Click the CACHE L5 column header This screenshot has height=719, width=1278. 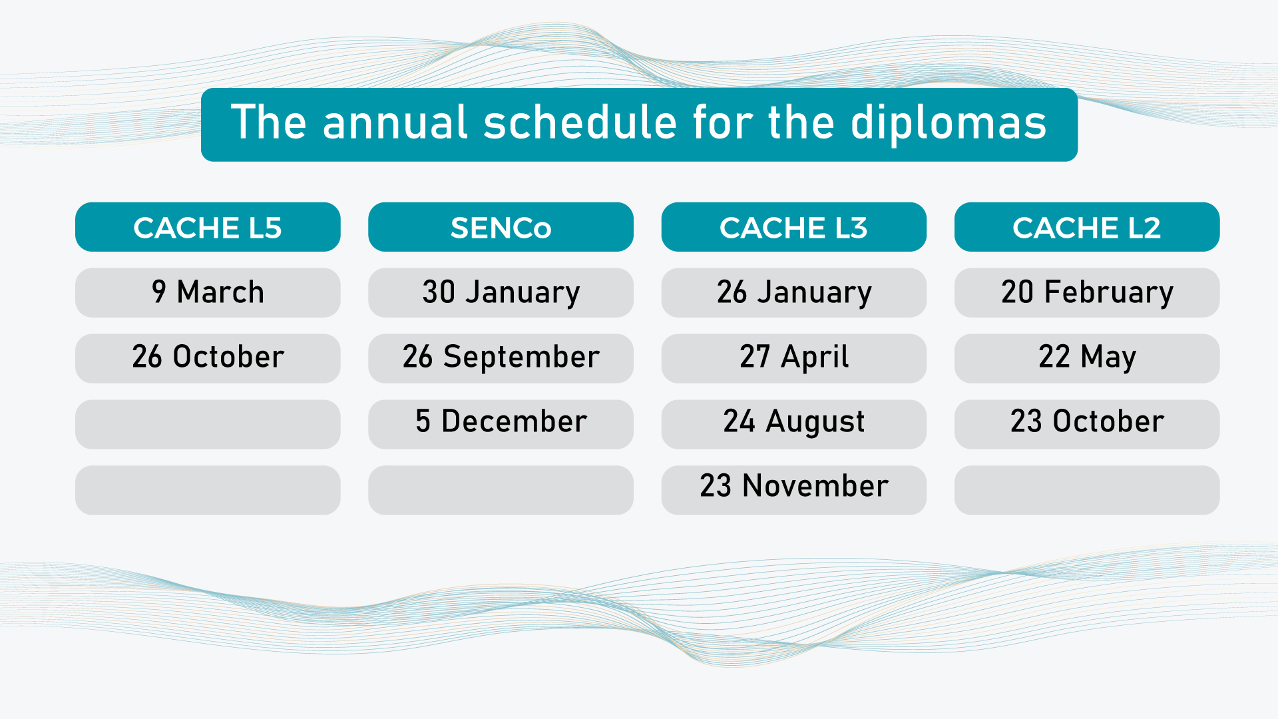[208, 227]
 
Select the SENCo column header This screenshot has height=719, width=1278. [501, 227]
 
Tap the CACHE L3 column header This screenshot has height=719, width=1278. [793, 227]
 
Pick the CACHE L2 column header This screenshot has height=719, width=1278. [1087, 227]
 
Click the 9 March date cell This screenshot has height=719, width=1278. [208, 293]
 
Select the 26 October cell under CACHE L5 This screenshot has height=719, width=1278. [208, 358]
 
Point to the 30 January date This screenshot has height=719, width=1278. [501, 293]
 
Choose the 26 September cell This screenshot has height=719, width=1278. [501, 358]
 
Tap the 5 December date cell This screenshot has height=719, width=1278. [501, 424]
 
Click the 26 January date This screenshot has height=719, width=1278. [793, 293]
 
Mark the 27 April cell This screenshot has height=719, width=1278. [793, 358]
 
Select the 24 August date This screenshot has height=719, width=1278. [793, 424]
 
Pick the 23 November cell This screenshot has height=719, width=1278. [793, 490]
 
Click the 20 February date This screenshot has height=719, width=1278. [1087, 293]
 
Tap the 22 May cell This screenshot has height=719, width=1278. [1087, 358]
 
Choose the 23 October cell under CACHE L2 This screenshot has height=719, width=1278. [1087, 424]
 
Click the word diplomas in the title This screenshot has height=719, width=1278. [949, 124]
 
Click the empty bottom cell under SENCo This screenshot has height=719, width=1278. [501, 490]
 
